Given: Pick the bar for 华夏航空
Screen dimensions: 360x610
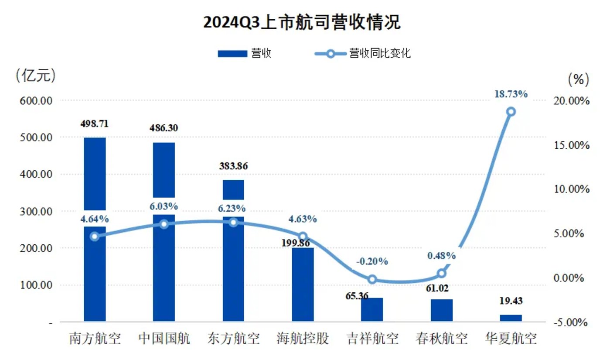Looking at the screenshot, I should tap(511, 318).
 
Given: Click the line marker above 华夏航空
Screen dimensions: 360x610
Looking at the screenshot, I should tap(511, 112).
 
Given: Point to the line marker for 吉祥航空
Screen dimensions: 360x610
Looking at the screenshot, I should tap(372, 279).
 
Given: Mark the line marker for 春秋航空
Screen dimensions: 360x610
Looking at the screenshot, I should tap(441, 273).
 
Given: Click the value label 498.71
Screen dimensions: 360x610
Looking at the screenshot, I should tap(94, 123).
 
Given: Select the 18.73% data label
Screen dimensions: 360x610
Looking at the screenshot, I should tap(511, 94).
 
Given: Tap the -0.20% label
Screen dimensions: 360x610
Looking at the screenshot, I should tap(372, 261).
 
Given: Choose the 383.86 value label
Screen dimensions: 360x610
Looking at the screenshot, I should tap(233, 166).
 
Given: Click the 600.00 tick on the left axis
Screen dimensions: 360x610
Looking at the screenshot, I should tap(36, 100).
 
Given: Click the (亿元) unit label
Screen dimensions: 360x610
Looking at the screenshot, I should tap(35, 76).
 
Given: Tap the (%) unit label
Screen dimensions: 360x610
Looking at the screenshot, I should tap(578, 79).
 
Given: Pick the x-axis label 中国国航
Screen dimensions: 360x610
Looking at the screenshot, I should tap(164, 339).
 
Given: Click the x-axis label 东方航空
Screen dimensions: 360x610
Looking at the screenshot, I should tap(233, 339).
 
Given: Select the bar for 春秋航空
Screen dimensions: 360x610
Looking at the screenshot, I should tap(442, 311).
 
